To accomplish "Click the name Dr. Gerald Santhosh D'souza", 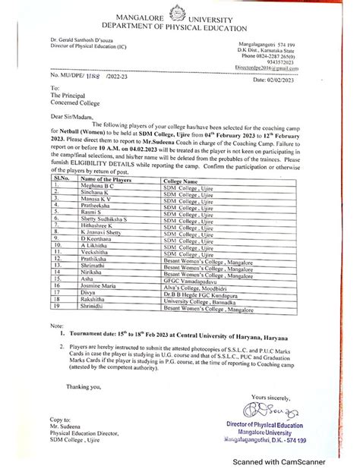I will pos(91,39).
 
